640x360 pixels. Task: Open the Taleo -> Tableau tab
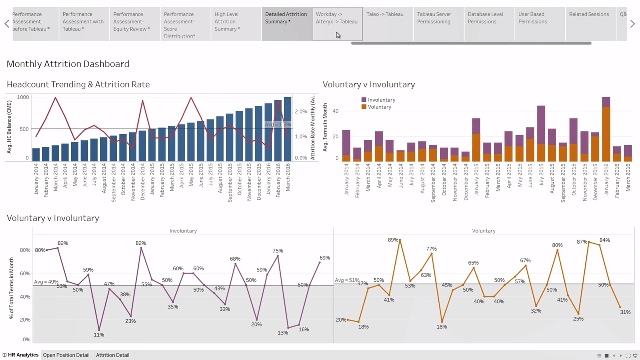(x=385, y=15)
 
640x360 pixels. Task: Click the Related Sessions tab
(x=589, y=15)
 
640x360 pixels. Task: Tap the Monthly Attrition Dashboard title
(x=68, y=64)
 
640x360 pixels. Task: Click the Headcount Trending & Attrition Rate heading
(x=78, y=84)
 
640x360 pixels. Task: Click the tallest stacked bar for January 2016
(x=606, y=130)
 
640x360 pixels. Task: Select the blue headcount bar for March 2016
(x=287, y=129)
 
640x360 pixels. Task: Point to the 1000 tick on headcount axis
(x=23, y=97)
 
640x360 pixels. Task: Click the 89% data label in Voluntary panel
(x=393, y=240)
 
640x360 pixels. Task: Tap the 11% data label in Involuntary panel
(x=99, y=335)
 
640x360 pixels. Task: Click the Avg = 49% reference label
(x=46, y=282)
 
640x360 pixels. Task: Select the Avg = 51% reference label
(x=347, y=280)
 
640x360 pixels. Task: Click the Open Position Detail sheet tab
(x=66, y=355)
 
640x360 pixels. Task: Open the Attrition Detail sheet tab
(x=112, y=355)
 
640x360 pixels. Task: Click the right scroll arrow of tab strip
(x=632, y=24)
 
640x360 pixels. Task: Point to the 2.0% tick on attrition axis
(x=300, y=112)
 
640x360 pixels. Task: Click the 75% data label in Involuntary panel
(x=278, y=251)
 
